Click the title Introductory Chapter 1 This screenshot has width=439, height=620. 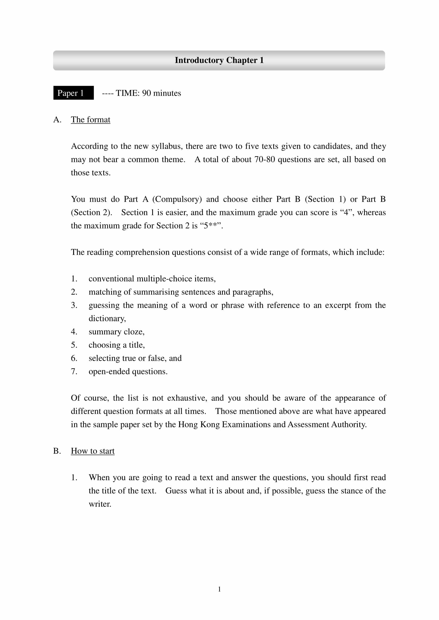(x=219, y=60)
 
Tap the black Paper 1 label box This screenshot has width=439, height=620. (x=73, y=93)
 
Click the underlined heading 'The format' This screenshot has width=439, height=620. (x=90, y=120)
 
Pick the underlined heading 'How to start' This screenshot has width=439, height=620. (x=92, y=451)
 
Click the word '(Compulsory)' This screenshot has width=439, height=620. (x=177, y=199)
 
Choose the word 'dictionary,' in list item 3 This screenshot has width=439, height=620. (x=107, y=319)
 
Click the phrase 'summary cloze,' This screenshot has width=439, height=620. (x=116, y=332)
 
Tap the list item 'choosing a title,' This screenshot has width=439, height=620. (x=117, y=345)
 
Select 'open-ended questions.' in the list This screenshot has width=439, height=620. (x=128, y=372)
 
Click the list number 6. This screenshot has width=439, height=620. (x=74, y=358)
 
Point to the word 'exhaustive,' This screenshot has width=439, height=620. (x=187, y=398)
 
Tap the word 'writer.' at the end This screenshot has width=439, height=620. (x=100, y=504)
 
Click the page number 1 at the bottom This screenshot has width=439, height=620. (x=219, y=589)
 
